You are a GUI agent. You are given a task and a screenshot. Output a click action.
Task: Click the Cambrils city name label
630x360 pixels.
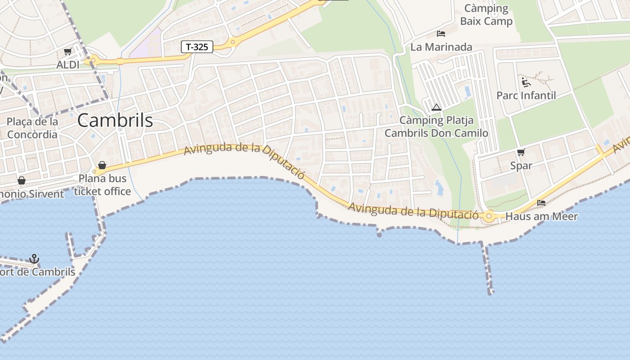tap(115, 121)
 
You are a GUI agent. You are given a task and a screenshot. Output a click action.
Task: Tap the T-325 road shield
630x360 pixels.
tap(197, 46)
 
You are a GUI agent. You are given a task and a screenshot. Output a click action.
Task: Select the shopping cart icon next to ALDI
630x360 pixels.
tap(67, 52)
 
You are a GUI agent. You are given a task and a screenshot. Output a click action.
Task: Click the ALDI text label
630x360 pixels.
tap(68, 65)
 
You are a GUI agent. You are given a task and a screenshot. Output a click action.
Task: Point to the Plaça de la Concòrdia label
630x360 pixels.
tap(32, 128)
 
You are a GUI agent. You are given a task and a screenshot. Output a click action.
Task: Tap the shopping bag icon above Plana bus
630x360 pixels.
tap(102, 165)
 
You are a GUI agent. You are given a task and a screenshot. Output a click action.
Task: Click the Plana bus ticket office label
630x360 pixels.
tap(103, 185)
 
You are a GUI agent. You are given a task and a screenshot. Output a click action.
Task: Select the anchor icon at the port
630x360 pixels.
tap(34, 259)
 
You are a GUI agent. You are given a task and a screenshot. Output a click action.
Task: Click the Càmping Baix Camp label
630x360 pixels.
tap(486, 14)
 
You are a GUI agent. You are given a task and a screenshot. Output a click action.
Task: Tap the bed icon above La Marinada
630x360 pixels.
tap(441, 34)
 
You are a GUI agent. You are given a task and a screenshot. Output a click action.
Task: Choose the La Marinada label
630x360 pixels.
tap(441, 47)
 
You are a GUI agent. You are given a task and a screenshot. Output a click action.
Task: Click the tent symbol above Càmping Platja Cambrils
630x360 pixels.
tap(436, 108)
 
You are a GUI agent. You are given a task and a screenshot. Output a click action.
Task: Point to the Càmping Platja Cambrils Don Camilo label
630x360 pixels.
tap(436, 127)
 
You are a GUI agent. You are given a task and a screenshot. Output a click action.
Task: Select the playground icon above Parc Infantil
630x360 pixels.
tap(526, 82)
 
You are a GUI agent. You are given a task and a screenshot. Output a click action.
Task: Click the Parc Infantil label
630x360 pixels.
tap(526, 95)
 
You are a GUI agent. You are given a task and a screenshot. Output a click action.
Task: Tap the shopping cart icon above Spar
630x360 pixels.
tap(521, 152)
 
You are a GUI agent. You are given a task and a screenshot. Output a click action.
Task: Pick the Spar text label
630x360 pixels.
tap(521, 166)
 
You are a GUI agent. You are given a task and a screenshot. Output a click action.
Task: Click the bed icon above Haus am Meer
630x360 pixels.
tap(541, 203)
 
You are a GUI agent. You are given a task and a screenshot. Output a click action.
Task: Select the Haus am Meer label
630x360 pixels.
tap(541, 216)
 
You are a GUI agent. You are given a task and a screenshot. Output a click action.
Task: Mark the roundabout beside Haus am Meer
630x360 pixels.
tap(489, 216)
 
